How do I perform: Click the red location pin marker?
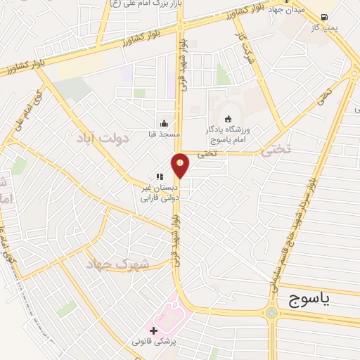click(x=181, y=166)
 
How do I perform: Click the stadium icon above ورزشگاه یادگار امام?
click(x=226, y=118)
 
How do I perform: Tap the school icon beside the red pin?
click(x=160, y=176)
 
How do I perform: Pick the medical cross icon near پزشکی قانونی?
click(x=154, y=330)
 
